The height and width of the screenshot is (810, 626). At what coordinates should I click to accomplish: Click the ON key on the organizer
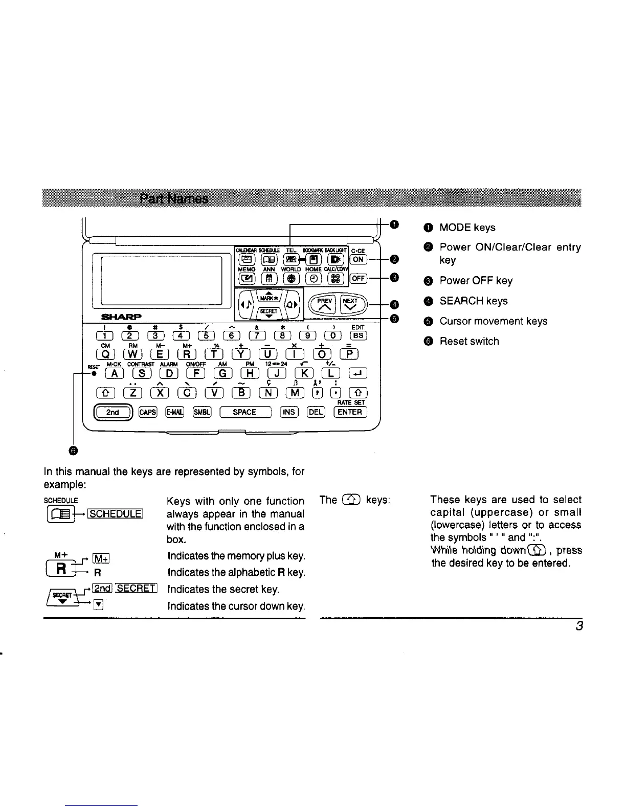click(359, 259)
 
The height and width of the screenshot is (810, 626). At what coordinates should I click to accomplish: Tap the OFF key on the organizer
click(359, 278)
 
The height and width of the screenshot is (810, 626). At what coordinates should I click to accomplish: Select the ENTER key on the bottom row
click(350, 412)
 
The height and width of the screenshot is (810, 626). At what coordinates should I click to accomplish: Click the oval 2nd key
click(113, 412)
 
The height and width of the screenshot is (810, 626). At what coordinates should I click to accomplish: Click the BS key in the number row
click(358, 335)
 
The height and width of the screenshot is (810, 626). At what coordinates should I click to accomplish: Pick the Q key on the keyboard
click(105, 354)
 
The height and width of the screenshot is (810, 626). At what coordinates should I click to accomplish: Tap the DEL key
click(316, 412)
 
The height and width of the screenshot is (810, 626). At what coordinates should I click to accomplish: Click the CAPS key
click(148, 412)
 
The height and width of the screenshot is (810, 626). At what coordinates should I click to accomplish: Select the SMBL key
click(202, 412)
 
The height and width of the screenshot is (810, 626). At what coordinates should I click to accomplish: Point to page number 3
click(579, 626)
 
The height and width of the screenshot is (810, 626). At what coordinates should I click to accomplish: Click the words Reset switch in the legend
click(469, 341)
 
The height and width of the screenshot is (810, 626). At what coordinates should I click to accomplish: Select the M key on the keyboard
click(295, 393)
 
